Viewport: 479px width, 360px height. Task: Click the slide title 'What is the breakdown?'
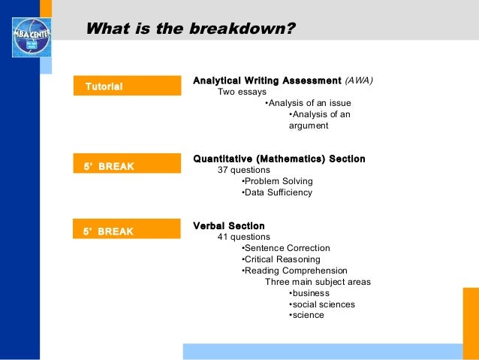(191, 30)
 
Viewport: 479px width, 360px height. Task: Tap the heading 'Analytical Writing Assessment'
(267, 80)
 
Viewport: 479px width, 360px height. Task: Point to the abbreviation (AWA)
(359, 80)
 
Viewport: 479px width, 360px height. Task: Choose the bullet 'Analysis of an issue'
(309, 103)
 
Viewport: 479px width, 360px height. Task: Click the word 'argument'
(309, 126)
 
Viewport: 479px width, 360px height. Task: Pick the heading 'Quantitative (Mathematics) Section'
(279, 159)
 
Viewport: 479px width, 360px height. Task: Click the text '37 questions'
(245, 170)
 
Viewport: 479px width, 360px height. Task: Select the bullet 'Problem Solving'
(277, 181)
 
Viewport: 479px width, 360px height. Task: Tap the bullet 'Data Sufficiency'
(276, 192)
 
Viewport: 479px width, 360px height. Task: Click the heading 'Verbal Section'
(229, 225)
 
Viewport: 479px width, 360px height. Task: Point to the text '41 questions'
(245, 237)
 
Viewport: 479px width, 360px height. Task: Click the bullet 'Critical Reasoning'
(281, 259)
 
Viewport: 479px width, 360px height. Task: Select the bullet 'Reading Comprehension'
(294, 271)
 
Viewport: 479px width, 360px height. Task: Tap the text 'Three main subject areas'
(318, 282)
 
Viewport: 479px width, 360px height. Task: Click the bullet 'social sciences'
(322, 304)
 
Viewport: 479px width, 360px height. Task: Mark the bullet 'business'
(309, 293)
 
